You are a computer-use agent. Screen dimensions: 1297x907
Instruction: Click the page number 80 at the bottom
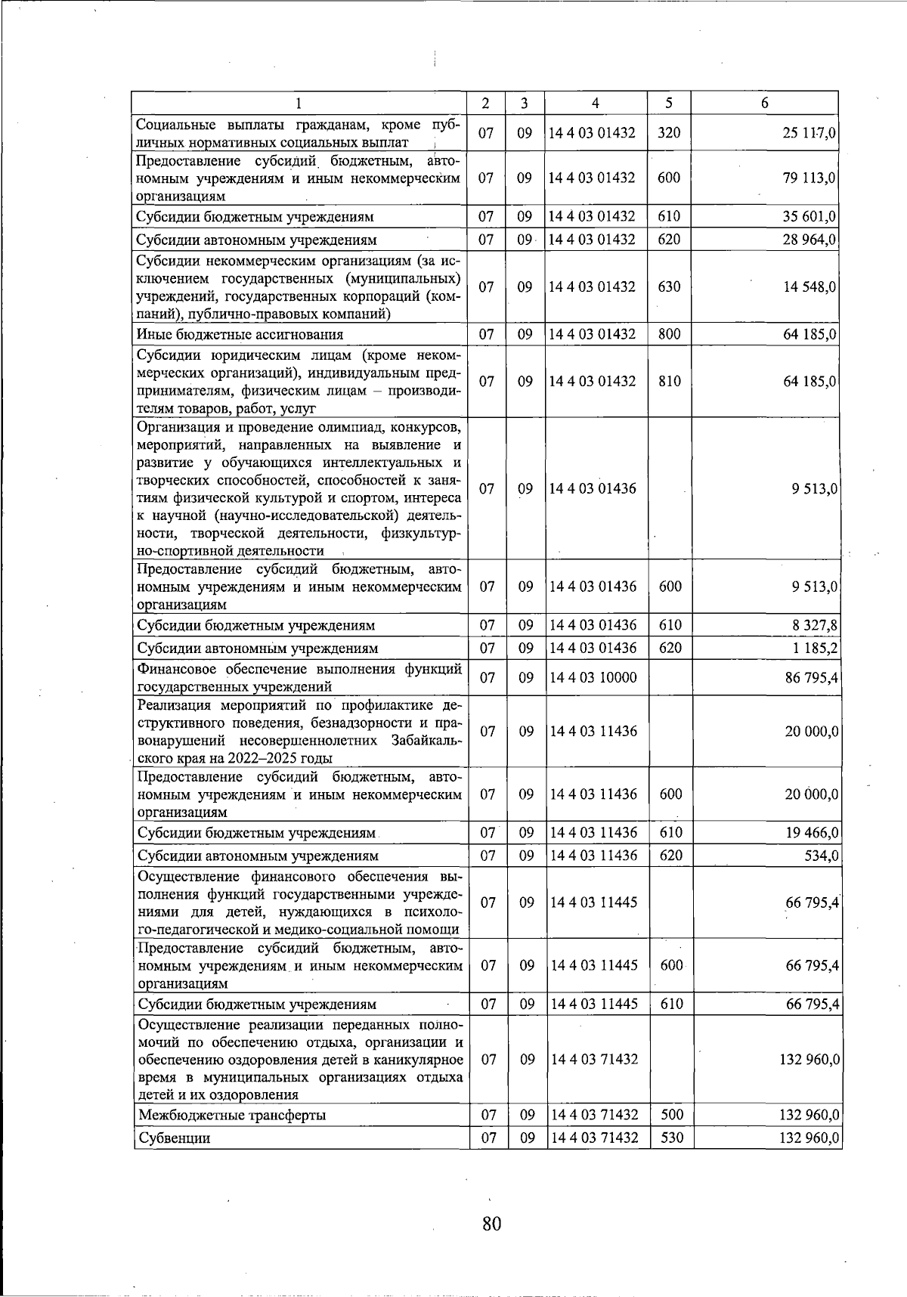pyautogui.click(x=491, y=1222)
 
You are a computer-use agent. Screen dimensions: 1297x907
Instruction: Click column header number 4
pyautogui.click(x=596, y=103)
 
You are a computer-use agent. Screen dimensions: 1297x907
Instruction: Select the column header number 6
pyautogui.click(x=765, y=103)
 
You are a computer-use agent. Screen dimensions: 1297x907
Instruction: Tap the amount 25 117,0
pyautogui.click(x=809, y=133)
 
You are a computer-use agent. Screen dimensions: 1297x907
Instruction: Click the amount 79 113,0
pyautogui.click(x=809, y=178)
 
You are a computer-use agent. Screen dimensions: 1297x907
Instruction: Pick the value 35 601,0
pyautogui.click(x=809, y=217)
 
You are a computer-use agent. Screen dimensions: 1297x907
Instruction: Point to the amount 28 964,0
pyautogui.click(x=809, y=240)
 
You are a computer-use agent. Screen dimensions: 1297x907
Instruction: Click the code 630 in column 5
pyautogui.click(x=669, y=287)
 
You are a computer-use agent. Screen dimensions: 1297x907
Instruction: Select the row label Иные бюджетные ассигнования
pyautogui.click(x=240, y=335)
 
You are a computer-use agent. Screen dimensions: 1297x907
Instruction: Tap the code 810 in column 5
pyautogui.click(x=669, y=382)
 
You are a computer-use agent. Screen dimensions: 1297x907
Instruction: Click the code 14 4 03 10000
pyautogui.click(x=593, y=678)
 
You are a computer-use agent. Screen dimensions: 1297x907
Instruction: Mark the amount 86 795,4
pyautogui.click(x=812, y=678)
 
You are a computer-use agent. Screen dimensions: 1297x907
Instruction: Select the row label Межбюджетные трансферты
pyautogui.click(x=232, y=1116)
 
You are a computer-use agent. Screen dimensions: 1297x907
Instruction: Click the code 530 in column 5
pyautogui.click(x=670, y=1138)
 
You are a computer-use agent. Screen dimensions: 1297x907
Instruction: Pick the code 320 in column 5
pyautogui.click(x=669, y=133)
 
